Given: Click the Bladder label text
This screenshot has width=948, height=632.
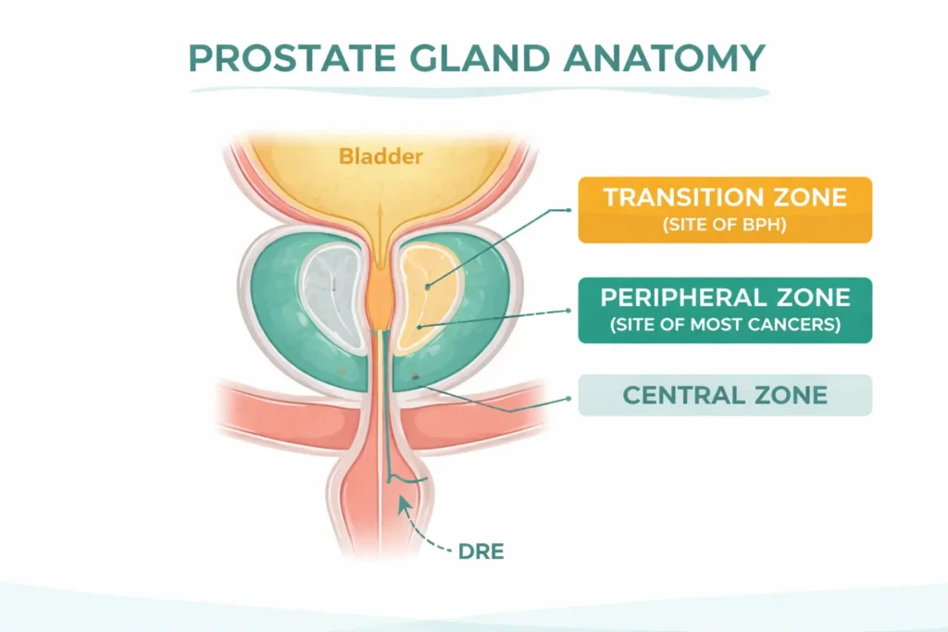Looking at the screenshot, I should pyautogui.click(x=380, y=155).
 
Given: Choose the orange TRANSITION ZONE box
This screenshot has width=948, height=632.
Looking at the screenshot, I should pyautogui.click(x=725, y=210).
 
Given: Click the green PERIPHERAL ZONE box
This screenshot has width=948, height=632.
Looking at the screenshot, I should pyautogui.click(x=725, y=310).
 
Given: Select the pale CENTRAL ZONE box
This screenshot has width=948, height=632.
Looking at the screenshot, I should pyautogui.click(x=725, y=395).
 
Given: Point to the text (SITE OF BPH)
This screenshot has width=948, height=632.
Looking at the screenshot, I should pyautogui.click(x=725, y=225).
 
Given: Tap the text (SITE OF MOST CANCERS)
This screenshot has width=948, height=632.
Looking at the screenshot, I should pyautogui.click(x=725, y=325).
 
